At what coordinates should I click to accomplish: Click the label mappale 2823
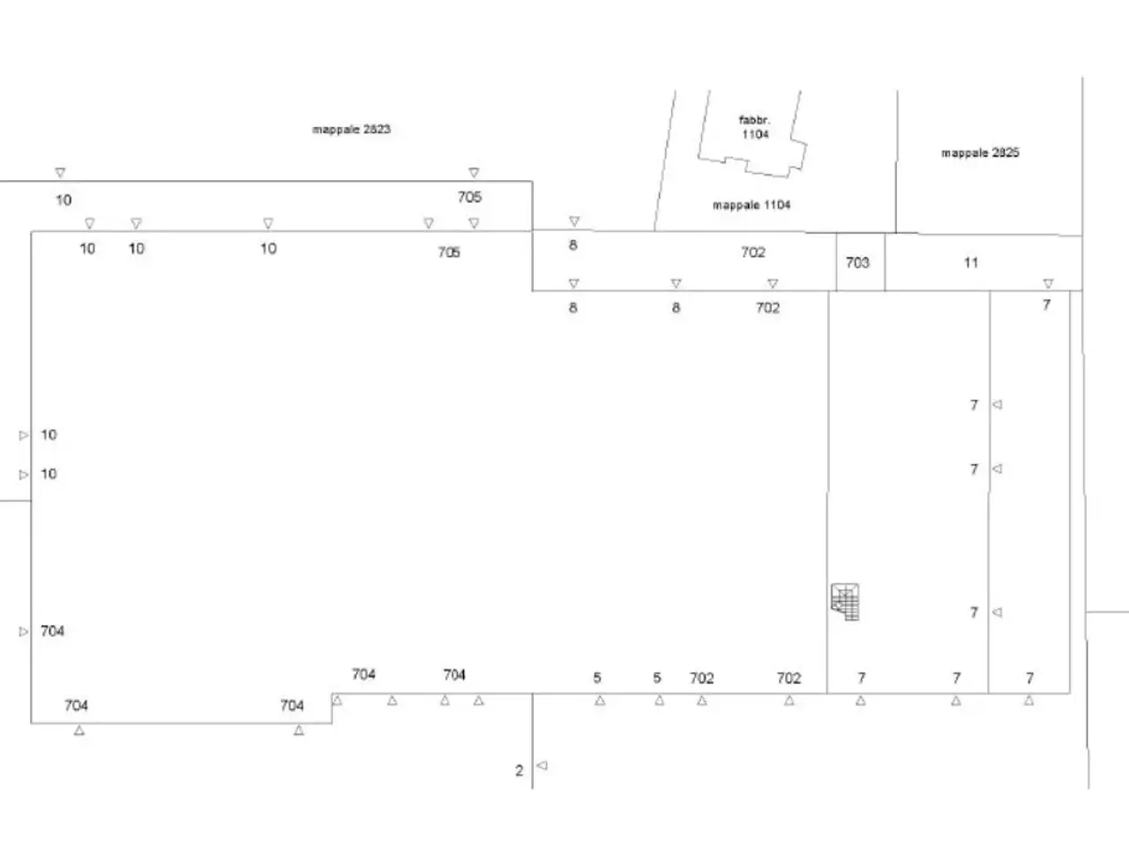pyautogui.click(x=351, y=129)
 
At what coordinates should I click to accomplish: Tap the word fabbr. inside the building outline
pyautogui.click(x=754, y=120)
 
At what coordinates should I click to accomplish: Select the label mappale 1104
pyautogui.click(x=751, y=206)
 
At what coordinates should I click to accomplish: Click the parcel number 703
pyautogui.click(x=857, y=263)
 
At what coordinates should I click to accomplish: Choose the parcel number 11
pyautogui.click(x=970, y=263)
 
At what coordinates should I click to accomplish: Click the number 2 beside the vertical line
pyautogui.click(x=519, y=770)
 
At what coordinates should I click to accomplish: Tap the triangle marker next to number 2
pyautogui.click(x=542, y=765)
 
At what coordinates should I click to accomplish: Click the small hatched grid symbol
pyautogui.click(x=845, y=602)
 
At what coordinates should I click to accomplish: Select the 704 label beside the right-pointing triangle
pyautogui.click(x=52, y=631)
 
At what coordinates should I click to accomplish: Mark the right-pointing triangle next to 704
pyautogui.click(x=24, y=631)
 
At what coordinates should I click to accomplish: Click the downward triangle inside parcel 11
pyautogui.click(x=1048, y=283)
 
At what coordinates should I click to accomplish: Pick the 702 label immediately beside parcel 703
pyautogui.click(x=753, y=252)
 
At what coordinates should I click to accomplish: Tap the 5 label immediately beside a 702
pyautogui.click(x=657, y=678)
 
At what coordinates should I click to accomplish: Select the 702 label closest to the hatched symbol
pyautogui.click(x=789, y=678)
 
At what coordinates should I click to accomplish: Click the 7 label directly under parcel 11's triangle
pyautogui.click(x=1047, y=305)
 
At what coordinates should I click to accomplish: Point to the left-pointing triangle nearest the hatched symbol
pyautogui.click(x=997, y=612)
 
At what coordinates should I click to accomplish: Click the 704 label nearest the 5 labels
pyautogui.click(x=454, y=674)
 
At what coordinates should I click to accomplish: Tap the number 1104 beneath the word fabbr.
pyautogui.click(x=755, y=134)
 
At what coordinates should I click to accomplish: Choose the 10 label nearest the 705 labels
pyautogui.click(x=268, y=249)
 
